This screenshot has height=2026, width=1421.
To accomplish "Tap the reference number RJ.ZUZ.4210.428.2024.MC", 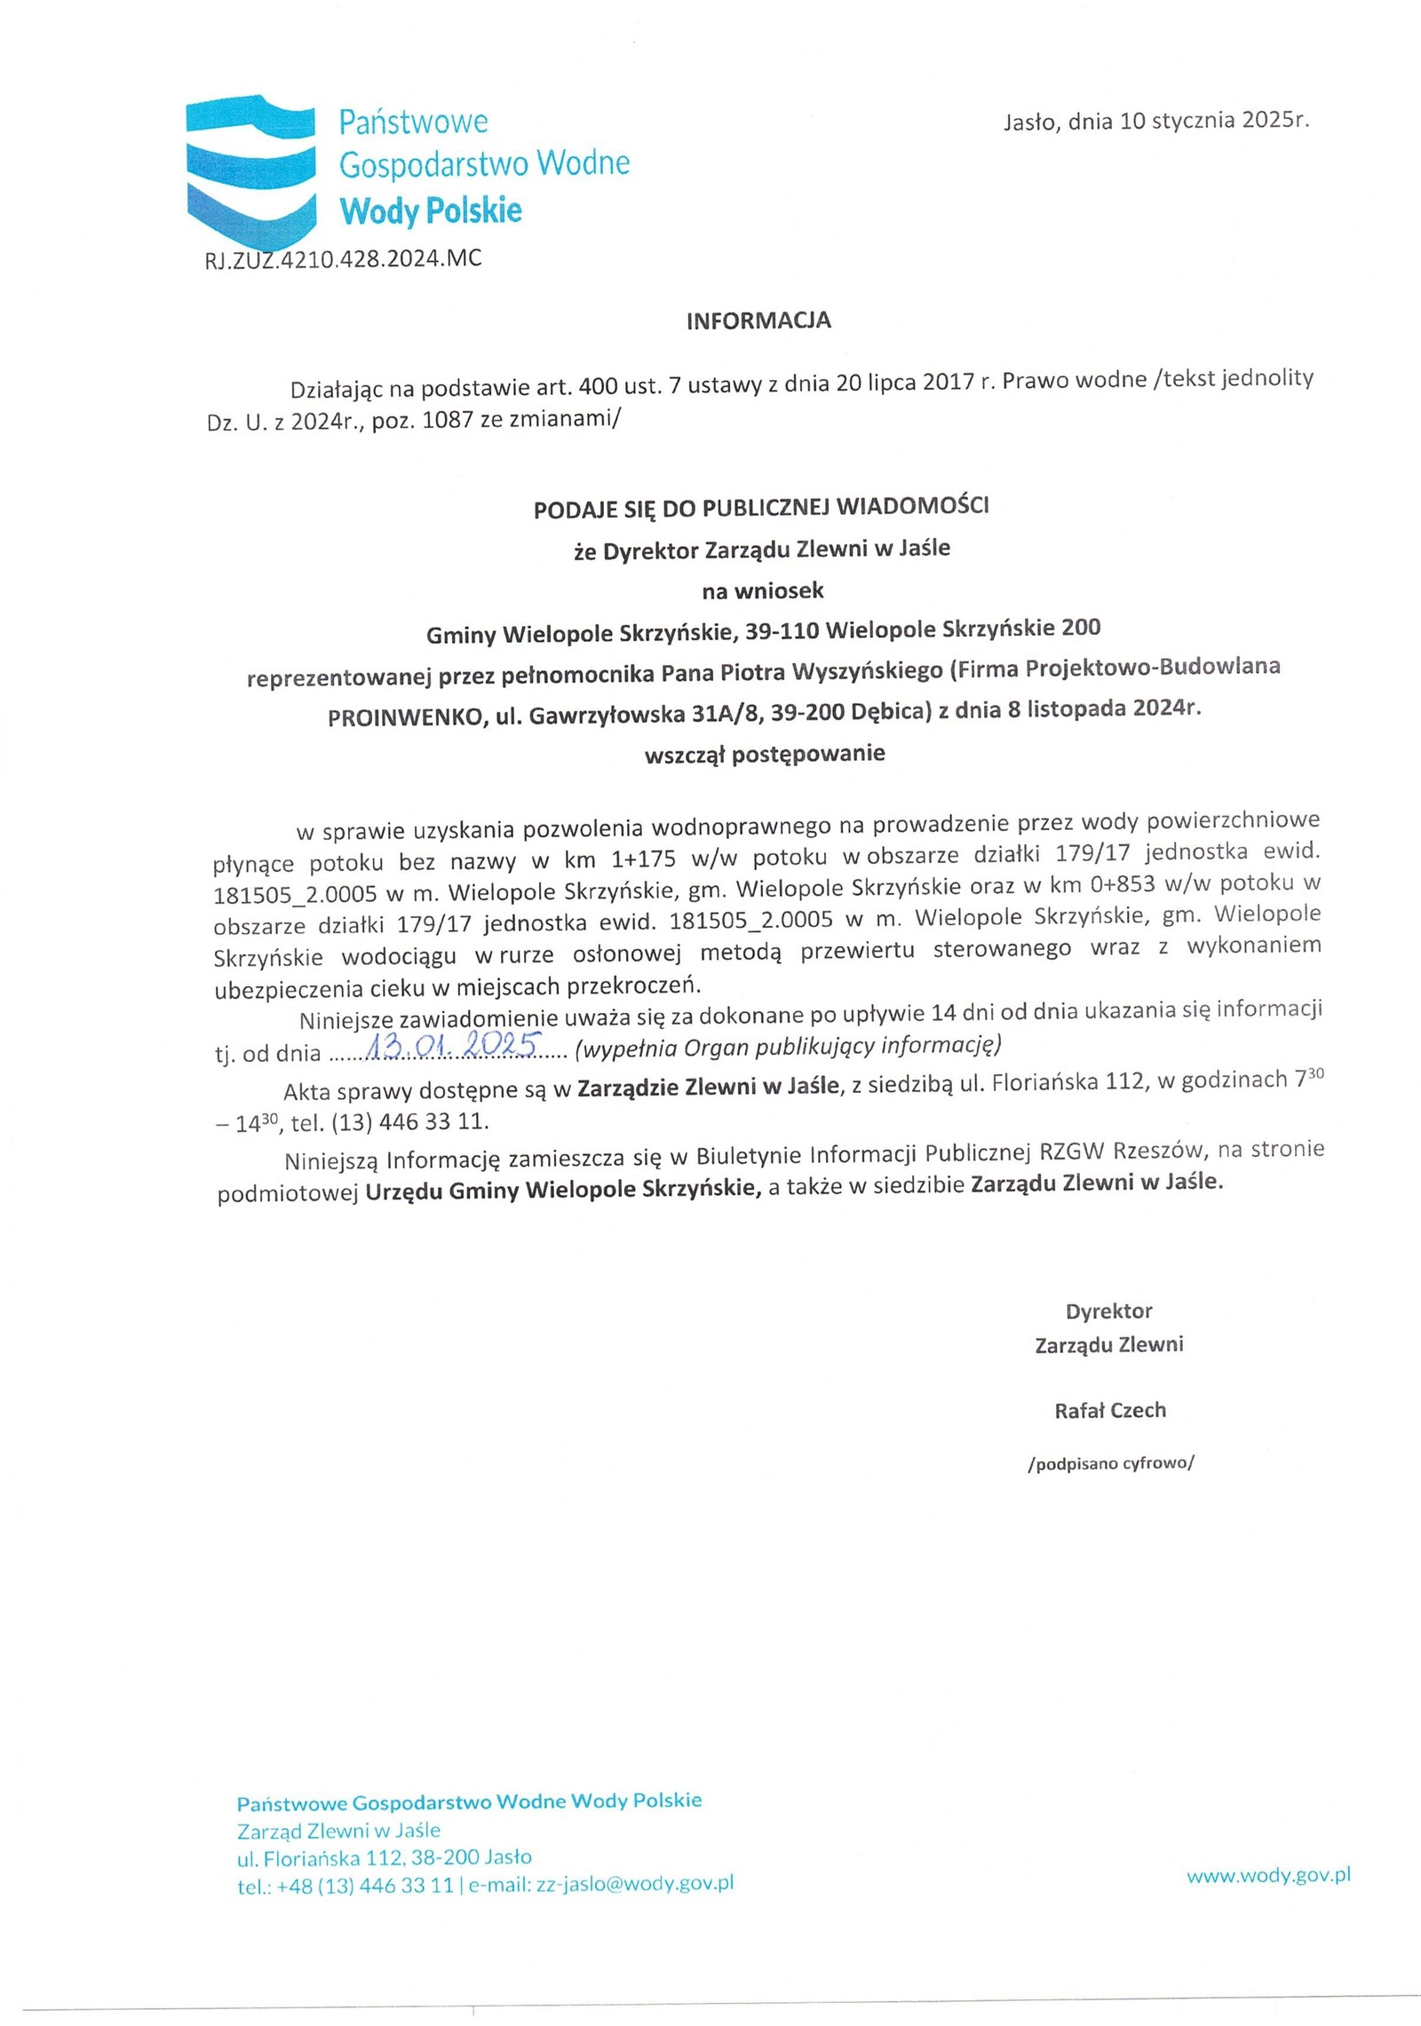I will tap(343, 259).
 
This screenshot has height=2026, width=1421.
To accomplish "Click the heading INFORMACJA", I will tap(758, 321).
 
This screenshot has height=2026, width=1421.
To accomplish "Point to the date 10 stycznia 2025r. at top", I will tap(1214, 122).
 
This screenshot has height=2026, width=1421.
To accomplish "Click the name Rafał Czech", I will tap(1109, 1410).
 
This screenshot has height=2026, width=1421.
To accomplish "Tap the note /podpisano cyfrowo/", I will tap(1110, 1463).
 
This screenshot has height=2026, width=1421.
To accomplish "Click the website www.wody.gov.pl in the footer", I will tap(1268, 1875).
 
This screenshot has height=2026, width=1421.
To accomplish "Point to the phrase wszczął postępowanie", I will tap(765, 754).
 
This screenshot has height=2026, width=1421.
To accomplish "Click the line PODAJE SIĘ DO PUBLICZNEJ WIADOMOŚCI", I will tap(760, 508).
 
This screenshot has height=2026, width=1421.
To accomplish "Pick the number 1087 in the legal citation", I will tap(449, 422).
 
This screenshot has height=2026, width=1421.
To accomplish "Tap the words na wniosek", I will tap(763, 590).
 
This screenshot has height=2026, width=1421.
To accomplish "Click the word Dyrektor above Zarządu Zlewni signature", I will tap(1108, 1311).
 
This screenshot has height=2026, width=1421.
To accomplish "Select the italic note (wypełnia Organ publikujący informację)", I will tap(788, 1047).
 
